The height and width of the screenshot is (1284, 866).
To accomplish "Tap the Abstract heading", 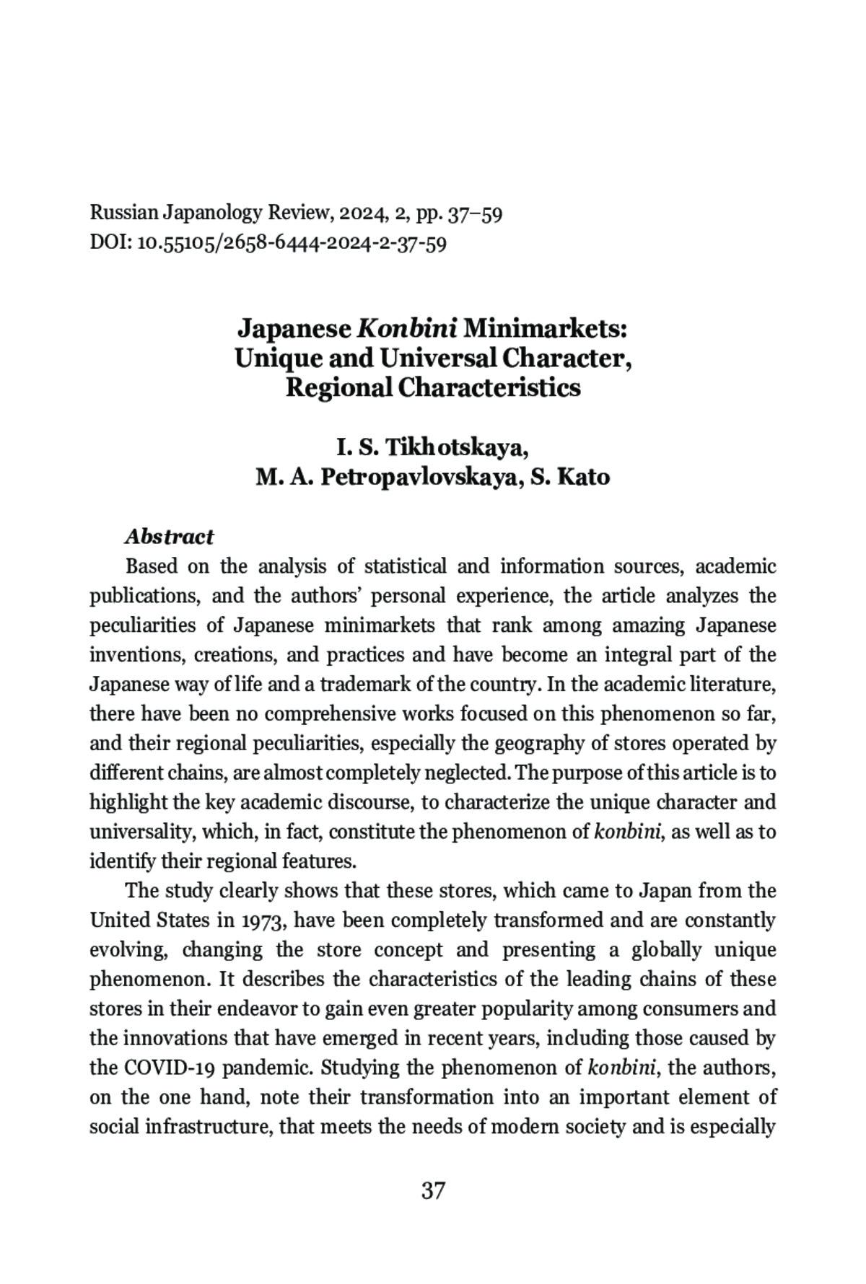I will coord(169,537).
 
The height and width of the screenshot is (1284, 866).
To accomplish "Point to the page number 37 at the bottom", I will coord(432,1190).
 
